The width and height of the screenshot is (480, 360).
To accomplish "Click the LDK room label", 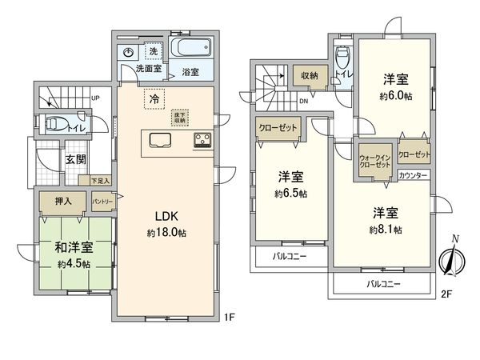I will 167,215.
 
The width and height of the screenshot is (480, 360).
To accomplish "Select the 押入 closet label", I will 63,201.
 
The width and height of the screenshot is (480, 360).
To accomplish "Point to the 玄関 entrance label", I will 76,159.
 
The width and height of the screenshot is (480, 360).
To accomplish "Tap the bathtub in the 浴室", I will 189,48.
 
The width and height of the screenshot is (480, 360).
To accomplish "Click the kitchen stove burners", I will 201,141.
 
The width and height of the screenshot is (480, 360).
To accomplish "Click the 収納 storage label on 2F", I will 310,77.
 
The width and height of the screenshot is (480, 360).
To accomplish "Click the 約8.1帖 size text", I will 386,230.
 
